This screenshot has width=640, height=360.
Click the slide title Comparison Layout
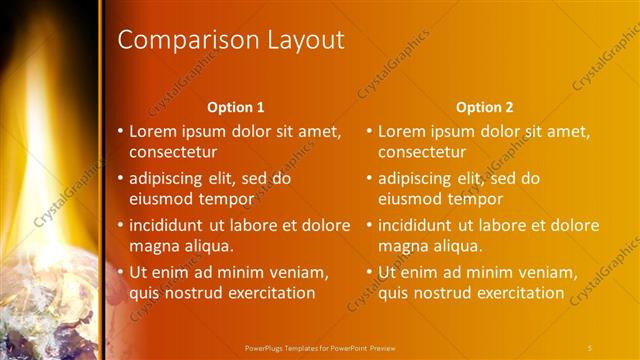pyautogui.click(x=231, y=40)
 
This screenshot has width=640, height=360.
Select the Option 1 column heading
pyautogui.click(x=236, y=107)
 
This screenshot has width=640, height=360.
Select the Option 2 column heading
pyautogui.click(x=484, y=107)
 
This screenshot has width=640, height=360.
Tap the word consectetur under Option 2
pyautogui.click(x=422, y=152)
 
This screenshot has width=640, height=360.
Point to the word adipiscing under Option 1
pyautogui.click(x=167, y=178)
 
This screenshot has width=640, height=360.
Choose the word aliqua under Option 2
pyautogui.click(x=458, y=246)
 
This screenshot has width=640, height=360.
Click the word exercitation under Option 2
pyautogui.click(x=520, y=293)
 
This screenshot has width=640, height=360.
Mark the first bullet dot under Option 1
pyautogui.click(x=121, y=131)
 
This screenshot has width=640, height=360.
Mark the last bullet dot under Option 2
pyautogui.click(x=370, y=272)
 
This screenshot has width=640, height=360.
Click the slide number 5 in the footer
pyautogui.click(x=590, y=347)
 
